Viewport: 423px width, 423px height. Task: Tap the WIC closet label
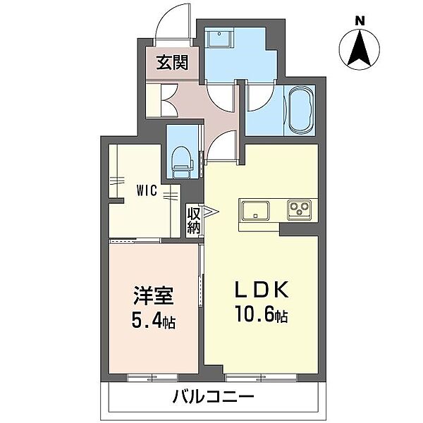(x=147, y=190)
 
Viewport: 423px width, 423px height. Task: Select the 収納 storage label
(x=195, y=219)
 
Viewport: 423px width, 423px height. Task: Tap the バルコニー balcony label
(x=213, y=398)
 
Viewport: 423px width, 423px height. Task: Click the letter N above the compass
(x=360, y=21)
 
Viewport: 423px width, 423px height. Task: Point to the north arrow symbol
(x=360, y=49)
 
